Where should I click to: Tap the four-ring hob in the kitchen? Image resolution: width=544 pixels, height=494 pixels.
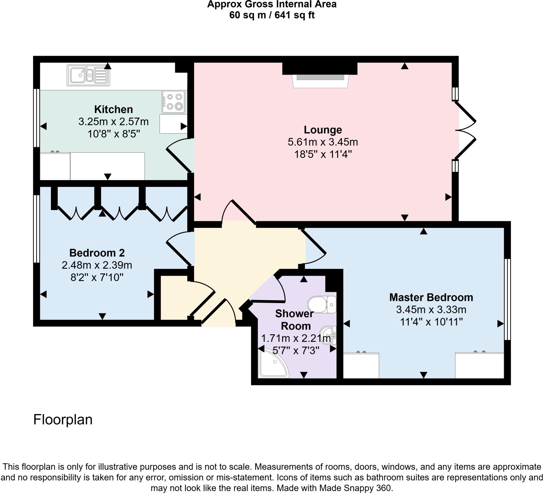(173, 102)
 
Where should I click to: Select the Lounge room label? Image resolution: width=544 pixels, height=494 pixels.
(323, 130)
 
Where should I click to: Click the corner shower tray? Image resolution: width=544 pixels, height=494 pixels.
(271, 364)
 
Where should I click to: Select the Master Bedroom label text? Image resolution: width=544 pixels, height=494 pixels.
(431, 297)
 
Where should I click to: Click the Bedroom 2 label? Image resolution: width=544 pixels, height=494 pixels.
(97, 253)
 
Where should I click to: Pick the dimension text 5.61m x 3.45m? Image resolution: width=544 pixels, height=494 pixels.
(323, 142)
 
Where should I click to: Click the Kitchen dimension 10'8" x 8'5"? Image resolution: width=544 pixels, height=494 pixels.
(114, 134)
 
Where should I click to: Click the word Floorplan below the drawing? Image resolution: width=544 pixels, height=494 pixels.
(63, 420)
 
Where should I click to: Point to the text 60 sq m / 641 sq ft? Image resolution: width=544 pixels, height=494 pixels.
(272, 15)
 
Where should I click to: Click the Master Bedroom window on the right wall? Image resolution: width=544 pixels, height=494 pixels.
(507, 299)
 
